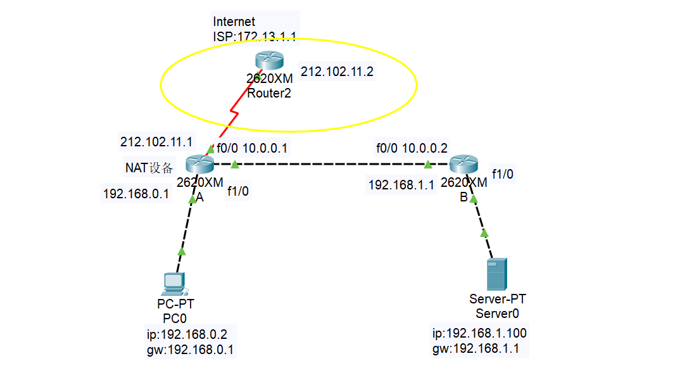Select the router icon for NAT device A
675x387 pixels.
(199, 165)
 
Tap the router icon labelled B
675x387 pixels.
(464, 165)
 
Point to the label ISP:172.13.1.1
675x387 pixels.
(255, 36)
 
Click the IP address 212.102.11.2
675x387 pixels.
(337, 72)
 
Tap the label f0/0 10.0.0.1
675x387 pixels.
(252, 148)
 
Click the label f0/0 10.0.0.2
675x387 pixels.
(412, 148)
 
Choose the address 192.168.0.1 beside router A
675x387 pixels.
(136, 194)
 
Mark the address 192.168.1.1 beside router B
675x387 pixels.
(401, 185)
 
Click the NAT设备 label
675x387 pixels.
(149, 168)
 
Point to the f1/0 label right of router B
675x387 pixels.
(503, 174)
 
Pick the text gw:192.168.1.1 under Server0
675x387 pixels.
(476, 348)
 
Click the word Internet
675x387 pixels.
(234, 22)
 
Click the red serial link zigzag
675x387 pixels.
(234, 114)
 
